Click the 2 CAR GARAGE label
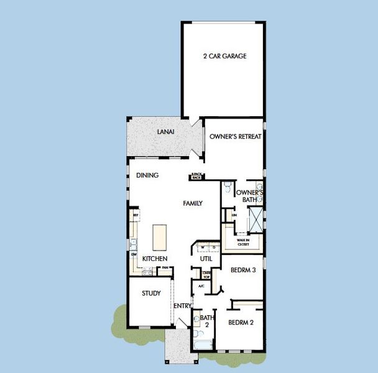coord(224,56)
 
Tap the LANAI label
coord(165,132)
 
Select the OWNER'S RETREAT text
coord(235,136)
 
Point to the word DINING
coord(147,175)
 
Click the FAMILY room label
coord(193,203)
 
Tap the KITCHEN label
coord(155,259)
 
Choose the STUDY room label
coord(151,293)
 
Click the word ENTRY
coord(182,306)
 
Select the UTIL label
coord(206,259)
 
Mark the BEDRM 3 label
coord(243,270)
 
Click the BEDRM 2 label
coord(241,322)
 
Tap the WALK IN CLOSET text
coord(243,242)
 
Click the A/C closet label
coord(200,286)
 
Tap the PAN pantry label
coord(165,269)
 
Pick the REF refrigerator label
coord(134,215)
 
